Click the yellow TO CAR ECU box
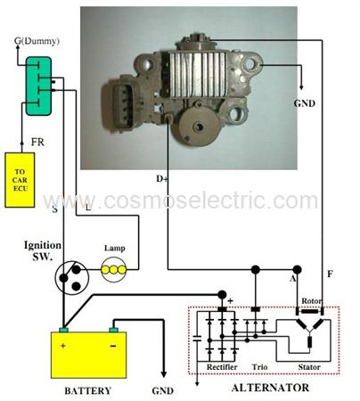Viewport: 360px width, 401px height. pyautogui.click(x=20, y=180)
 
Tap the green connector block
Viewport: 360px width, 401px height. pyautogui.click(x=38, y=86)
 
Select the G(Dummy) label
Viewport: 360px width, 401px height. pyautogui.click(x=37, y=41)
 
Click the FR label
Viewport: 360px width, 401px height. pyautogui.click(x=37, y=142)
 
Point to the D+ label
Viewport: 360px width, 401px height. pyautogui.click(x=162, y=179)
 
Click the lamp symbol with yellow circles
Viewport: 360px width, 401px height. pyautogui.click(x=113, y=269)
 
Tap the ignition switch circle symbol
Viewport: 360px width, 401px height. pyautogui.click(x=71, y=277)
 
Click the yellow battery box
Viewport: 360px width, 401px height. pyautogui.click(x=89, y=355)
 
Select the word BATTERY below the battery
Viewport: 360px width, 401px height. pyautogui.click(x=88, y=390)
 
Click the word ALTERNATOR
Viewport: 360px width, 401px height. pyautogui.click(x=270, y=388)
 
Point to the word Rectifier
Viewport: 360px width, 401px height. pyautogui.click(x=222, y=367)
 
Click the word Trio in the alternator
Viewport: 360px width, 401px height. pyautogui.click(x=259, y=367)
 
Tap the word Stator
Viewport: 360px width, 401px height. pyautogui.click(x=309, y=367)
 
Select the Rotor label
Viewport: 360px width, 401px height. pyautogui.click(x=312, y=301)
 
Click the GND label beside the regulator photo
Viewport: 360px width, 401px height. pyautogui.click(x=305, y=103)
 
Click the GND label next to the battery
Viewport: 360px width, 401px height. pyautogui.click(x=162, y=390)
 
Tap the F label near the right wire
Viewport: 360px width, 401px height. pyautogui.click(x=330, y=274)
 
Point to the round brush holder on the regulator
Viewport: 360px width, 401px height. pyautogui.click(x=198, y=126)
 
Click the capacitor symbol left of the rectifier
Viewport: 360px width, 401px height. pyautogui.click(x=197, y=338)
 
